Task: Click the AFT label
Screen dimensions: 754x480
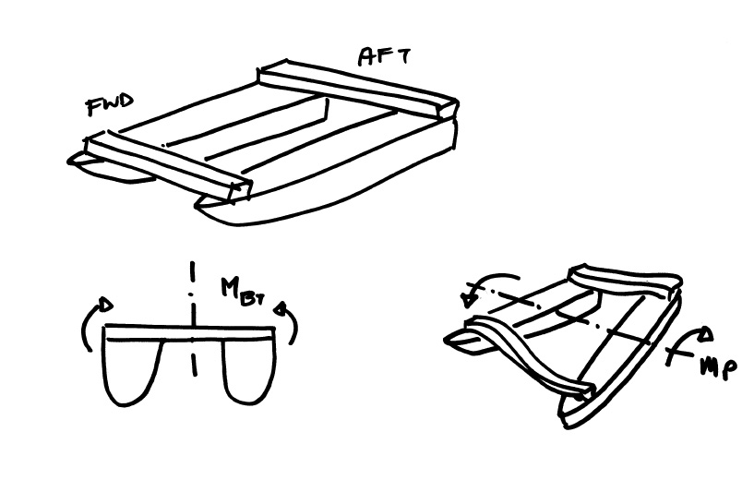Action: (x=384, y=56)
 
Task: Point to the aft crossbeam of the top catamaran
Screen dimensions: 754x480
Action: (x=358, y=88)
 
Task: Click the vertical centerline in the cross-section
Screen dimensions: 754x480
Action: (x=193, y=318)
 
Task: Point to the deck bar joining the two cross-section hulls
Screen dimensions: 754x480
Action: (x=190, y=333)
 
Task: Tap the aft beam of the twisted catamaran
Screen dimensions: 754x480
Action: (x=625, y=279)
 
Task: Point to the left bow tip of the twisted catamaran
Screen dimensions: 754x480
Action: (x=445, y=341)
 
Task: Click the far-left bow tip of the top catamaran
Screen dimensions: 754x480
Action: (x=69, y=162)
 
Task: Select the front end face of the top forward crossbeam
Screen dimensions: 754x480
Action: (x=240, y=191)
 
